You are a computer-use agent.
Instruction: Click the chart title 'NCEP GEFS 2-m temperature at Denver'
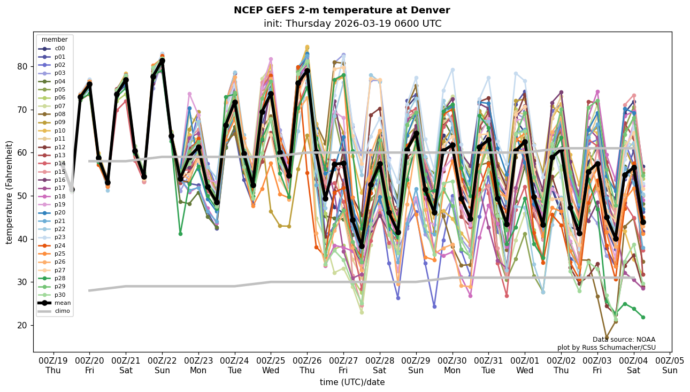click(342, 10)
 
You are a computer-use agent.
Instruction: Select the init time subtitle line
click(352, 24)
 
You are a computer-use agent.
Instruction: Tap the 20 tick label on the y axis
click(23, 325)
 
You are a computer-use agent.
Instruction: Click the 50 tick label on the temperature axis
click(23, 196)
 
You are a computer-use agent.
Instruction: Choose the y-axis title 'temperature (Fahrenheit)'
click(10, 192)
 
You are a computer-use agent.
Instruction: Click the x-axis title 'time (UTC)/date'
click(352, 382)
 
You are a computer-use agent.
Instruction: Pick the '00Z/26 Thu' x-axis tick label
click(307, 365)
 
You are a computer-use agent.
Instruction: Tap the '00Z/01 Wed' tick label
click(525, 365)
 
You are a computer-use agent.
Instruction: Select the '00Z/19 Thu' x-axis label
click(53, 365)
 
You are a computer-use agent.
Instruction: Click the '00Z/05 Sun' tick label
click(670, 365)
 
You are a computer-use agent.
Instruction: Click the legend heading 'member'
click(55, 40)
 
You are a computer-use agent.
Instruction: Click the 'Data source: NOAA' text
click(624, 340)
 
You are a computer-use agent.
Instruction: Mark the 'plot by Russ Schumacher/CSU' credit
click(606, 348)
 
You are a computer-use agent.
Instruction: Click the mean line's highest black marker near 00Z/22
click(162, 61)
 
